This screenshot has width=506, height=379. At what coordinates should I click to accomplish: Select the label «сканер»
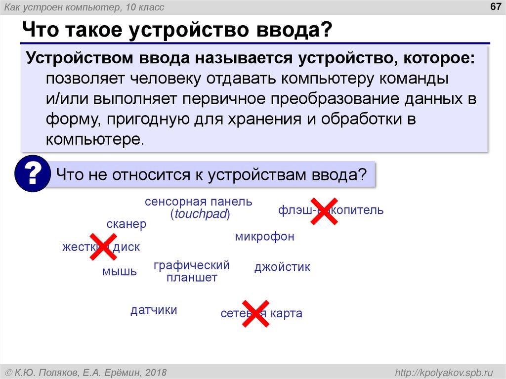tap(126, 224)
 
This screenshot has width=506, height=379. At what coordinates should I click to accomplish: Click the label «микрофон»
tap(264, 237)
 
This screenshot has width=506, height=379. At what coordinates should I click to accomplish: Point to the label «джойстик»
tap(282, 267)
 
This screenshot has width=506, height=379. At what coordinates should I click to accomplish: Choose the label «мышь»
tap(120, 271)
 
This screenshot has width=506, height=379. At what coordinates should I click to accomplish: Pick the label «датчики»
tap(154, 310)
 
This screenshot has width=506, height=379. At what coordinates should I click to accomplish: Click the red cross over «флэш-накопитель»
tap(324, 211)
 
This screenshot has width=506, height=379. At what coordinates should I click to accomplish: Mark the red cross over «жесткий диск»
tap(101, 248)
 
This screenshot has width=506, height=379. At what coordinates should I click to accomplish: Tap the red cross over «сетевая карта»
tap(255, 313)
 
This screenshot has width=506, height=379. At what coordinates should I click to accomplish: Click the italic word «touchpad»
tap(200, 214)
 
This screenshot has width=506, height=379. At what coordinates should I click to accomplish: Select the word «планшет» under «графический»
tap(192, 278)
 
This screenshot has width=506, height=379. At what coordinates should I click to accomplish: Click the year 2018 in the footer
tap(156, 372)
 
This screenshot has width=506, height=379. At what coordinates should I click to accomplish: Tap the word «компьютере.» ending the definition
tap(95, 139)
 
